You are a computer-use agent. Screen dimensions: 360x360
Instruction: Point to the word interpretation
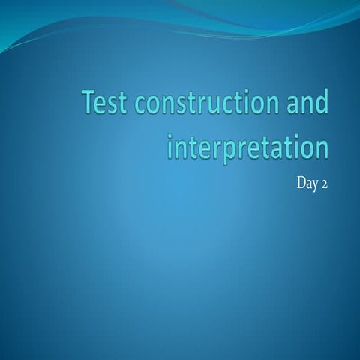coord(247,147)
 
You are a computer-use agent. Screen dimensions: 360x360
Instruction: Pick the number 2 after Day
coord(324,184)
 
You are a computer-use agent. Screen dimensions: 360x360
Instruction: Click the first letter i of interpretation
coord(169,145)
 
